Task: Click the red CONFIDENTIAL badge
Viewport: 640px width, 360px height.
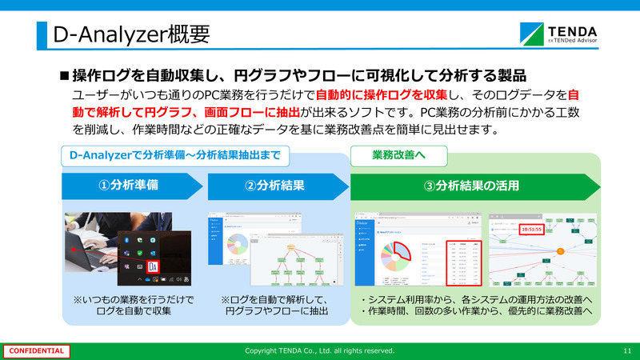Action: (x=35, y=351)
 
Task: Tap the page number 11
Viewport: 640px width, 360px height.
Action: (x=626, y=351)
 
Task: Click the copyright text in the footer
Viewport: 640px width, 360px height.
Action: (x=319, y=351)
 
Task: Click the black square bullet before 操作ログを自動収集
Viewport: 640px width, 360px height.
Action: (x=65, y=76)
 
